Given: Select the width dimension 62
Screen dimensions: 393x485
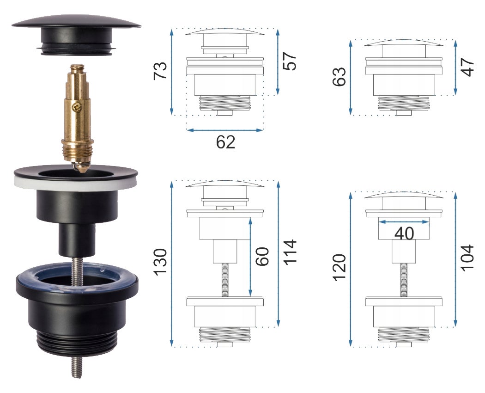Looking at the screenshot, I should point(225,142).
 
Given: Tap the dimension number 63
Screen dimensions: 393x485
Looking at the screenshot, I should point(339,76).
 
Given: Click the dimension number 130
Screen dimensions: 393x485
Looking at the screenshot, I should point(160,262).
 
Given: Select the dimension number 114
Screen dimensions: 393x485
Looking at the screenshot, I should point(290,252).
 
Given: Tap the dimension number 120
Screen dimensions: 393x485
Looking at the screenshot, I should point(339,267).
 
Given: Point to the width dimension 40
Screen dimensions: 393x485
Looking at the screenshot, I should point(404,234).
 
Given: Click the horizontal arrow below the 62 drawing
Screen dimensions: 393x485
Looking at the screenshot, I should point(225,130).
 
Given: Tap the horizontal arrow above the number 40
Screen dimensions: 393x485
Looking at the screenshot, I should point(404,222).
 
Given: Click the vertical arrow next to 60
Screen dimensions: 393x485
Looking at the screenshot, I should point(250,257).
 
